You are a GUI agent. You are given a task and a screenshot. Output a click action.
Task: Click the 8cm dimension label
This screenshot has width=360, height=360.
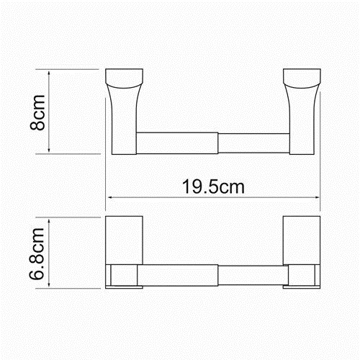coord(37,112)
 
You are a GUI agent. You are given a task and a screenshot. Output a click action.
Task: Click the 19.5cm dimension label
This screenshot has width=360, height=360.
coord(213,186)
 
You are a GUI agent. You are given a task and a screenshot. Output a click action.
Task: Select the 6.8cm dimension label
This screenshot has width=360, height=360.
coord(37,253)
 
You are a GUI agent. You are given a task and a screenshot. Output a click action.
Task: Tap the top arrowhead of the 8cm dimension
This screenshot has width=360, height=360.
coord(49,73)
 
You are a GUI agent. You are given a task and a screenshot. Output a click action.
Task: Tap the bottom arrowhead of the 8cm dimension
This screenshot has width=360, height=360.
coord(49,150)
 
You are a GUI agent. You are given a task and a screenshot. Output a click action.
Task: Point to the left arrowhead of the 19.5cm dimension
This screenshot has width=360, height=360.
coord(110,197)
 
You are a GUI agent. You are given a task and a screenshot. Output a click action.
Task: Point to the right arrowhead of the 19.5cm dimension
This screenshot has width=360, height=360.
coord(317,197)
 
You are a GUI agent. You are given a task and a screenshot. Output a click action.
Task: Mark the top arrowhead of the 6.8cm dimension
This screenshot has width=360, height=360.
coord(49,221)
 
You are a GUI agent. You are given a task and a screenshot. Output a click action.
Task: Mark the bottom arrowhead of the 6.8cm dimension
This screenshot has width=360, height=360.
coord(49,284)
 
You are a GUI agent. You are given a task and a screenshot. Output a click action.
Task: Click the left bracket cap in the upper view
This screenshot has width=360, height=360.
coord(125,78)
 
